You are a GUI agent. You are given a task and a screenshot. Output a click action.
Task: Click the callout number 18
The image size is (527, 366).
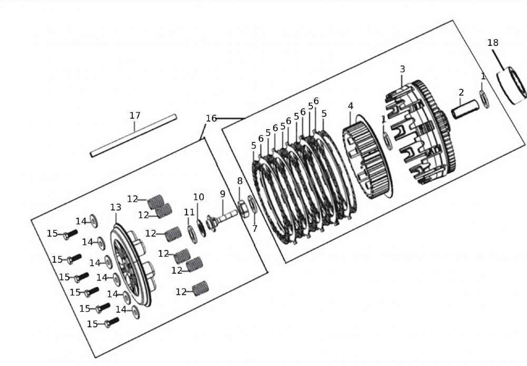(x=493, y=43)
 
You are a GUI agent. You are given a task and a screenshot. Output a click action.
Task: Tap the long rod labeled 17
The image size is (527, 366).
(x=133, y=136)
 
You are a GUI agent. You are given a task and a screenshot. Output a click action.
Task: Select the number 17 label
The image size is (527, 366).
(x=135, y=115)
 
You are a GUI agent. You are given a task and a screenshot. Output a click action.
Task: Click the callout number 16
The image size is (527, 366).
(x=211, y=119)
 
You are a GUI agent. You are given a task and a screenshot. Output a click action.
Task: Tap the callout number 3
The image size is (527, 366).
(x=403, y=69)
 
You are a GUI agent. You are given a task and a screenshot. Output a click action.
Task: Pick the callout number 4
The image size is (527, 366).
(x=350, y=106)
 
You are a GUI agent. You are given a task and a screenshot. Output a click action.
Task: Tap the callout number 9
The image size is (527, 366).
(x=222, y=194)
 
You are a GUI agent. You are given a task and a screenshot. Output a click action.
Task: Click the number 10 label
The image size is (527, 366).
(x=198, y=197)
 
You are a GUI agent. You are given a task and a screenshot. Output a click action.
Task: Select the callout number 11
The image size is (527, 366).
(x=189, y=212)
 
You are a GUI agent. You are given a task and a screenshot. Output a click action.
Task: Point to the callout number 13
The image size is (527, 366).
(x=116, y=208)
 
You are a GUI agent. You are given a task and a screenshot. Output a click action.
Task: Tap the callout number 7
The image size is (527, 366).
(x=255, y=228)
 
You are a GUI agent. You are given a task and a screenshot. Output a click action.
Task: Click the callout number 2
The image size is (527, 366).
(x=461, y=93)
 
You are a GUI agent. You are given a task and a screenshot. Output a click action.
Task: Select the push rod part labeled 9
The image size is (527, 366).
(x=224, y=217)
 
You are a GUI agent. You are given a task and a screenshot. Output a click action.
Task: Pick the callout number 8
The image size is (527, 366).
(x=240, y=181)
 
